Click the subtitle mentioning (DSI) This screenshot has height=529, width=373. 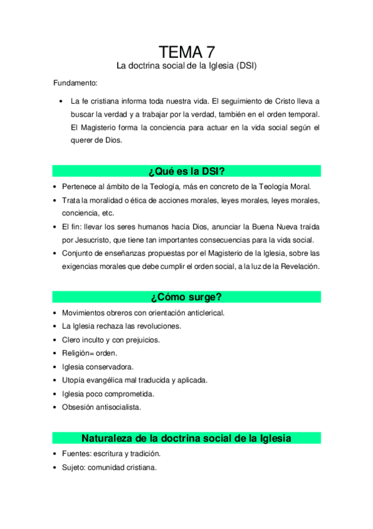187,66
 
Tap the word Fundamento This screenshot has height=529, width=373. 75,83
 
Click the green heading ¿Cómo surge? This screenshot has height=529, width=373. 187,297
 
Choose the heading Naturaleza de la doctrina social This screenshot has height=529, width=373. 187,438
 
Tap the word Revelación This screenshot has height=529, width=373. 298,266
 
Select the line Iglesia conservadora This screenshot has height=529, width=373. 98,367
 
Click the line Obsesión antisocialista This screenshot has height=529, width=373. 102,407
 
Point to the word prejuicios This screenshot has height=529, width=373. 141,340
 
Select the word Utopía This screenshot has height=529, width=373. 74,380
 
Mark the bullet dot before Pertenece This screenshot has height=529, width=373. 55,187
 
